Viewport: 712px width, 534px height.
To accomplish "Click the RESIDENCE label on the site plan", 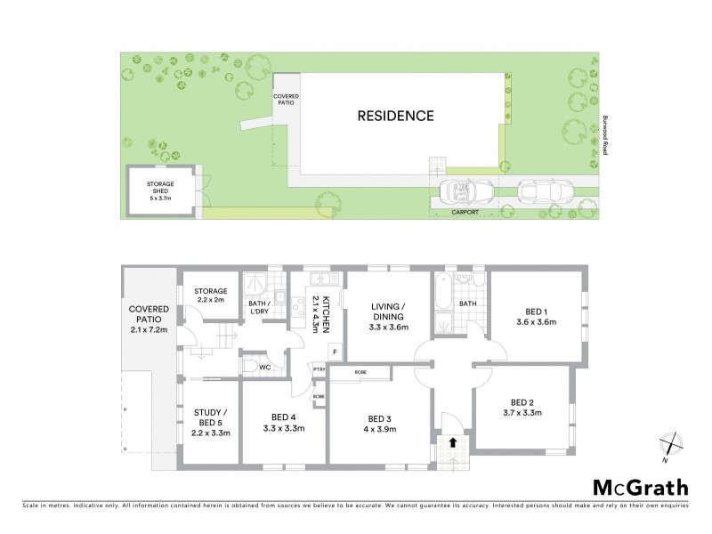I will (396, 116).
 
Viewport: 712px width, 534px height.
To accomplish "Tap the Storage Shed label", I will (161, 190).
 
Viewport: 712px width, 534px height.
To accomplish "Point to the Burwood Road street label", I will (603, 133).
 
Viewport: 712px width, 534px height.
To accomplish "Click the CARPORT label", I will (465, 214).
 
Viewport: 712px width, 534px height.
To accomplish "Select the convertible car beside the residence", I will (462, 190).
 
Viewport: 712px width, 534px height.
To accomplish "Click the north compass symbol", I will (671, 444).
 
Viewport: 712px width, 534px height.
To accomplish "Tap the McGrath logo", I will (641, 487).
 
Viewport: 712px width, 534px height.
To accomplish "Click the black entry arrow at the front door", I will (454, 441).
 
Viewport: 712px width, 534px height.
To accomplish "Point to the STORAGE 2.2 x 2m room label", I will (211, 295).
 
